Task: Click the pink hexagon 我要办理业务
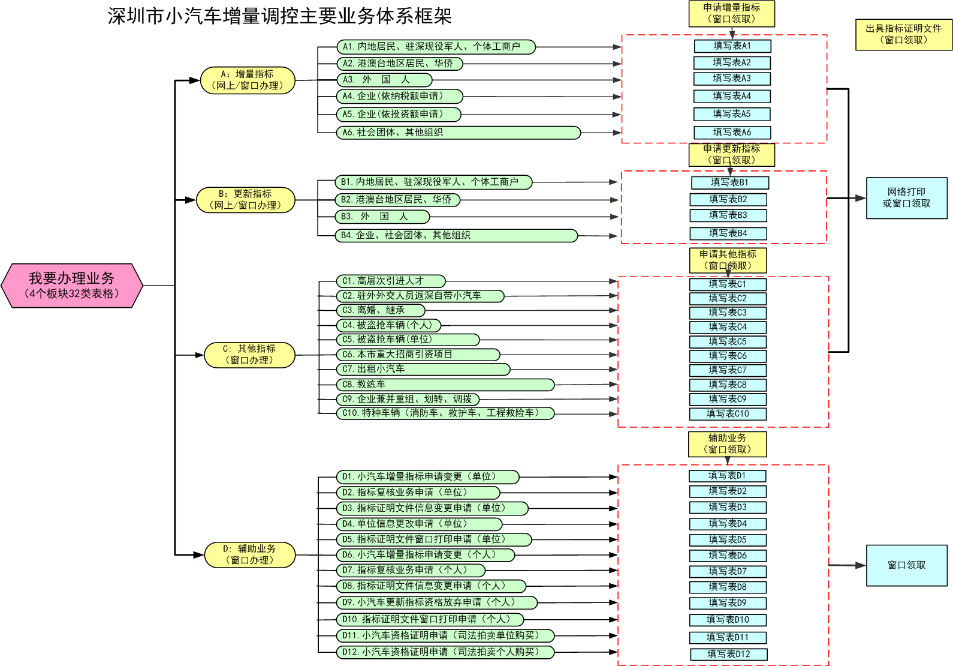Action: click(x=72, y=286)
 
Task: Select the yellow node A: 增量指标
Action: click(x=248, y=80)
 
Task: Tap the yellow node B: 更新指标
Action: click(x=246, y=200)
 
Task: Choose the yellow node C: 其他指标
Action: click(x=249, y=355)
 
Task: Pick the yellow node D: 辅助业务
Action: click(x=250, y=554)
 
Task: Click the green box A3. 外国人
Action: click(x=384, y=80)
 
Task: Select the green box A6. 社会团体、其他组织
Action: click(x=459, y=133)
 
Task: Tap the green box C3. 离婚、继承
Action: click(x=381, y=310)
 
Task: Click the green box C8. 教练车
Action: click(x=445, y=385)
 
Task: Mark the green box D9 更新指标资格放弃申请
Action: click(x=436, y=602)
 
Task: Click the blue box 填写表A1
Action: click(x=732, y=46)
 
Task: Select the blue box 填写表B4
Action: click(x=728, y=233)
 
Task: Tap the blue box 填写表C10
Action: click(x=728, y=413)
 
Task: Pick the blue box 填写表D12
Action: click(x=729, y=654)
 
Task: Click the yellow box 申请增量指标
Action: click(x=732, y=13)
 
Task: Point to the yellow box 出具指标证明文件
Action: click(x=904, y=34)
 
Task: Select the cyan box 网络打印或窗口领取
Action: click(x=907, y=198)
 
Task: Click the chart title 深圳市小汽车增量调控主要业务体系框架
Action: click(x=279, y=16)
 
